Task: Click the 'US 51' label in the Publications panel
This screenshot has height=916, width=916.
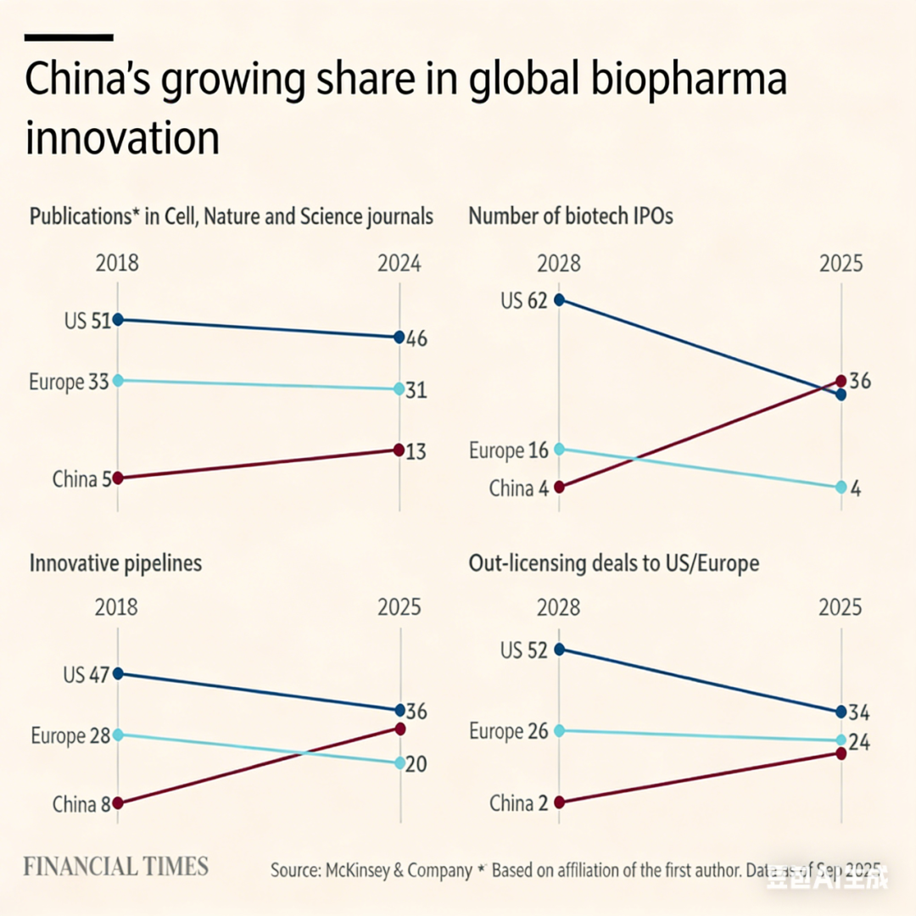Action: tap(87, 321)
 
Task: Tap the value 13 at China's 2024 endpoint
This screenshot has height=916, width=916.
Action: tap(416, 452)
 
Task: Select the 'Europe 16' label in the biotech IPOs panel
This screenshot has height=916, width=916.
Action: tap(508, 450)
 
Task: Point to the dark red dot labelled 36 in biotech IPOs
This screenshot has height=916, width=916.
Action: tap(841, 380)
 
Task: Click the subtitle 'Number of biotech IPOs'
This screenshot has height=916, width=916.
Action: tap(570, 216)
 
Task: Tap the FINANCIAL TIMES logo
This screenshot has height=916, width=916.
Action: tap(115, 866)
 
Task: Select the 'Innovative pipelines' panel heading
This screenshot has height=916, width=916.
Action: tap(115, 563)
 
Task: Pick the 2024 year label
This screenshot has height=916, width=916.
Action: tap(399, 263)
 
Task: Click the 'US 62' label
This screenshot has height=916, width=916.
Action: tap(523, 300)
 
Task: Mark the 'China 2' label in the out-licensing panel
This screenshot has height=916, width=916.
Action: tap(518, 803)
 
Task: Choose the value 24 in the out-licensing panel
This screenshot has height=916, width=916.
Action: tap(860, 742)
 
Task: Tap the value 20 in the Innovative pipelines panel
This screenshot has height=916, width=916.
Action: tap(416, 764)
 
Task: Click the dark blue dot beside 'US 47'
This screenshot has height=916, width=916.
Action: tap(118, 673)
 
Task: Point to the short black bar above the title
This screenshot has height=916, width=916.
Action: tap(69, 37)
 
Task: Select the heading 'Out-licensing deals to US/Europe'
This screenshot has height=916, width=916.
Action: tap(613, 563)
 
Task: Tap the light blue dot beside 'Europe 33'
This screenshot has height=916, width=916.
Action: tap(118, 380)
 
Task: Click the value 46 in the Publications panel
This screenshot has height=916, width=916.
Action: tap(416, 339)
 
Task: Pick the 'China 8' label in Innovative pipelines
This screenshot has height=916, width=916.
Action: tap(81, 804)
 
